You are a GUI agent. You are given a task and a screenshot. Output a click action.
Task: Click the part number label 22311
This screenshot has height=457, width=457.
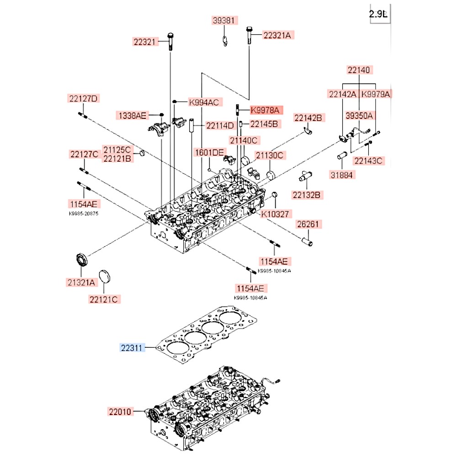[x=132, y=348]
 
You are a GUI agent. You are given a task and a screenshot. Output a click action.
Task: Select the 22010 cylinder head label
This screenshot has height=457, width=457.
[x=120, y=411]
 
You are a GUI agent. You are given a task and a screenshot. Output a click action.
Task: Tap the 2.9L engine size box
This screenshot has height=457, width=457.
[x=378, y=14]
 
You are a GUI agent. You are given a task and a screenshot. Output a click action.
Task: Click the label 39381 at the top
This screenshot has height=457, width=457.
[x=225, y=20]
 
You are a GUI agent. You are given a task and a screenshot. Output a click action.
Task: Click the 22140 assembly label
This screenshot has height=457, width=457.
[x=360, y=70]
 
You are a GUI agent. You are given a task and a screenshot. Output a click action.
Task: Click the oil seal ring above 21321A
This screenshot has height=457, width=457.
[x=81, y=259]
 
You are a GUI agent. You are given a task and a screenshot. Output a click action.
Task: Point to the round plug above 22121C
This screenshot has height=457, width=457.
[x=106, y=276]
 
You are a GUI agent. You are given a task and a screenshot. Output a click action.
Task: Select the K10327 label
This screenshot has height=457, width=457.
[x=276, y=214]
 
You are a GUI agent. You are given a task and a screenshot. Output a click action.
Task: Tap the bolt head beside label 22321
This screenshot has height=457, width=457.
[x=170, y=36]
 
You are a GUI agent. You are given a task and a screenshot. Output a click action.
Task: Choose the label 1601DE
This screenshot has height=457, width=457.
[x=209, y=153]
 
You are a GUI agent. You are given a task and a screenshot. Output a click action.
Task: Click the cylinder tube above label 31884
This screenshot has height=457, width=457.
[x=342, y=156]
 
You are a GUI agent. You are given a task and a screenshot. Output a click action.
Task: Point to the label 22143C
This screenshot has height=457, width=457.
[x=368, y=160]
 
